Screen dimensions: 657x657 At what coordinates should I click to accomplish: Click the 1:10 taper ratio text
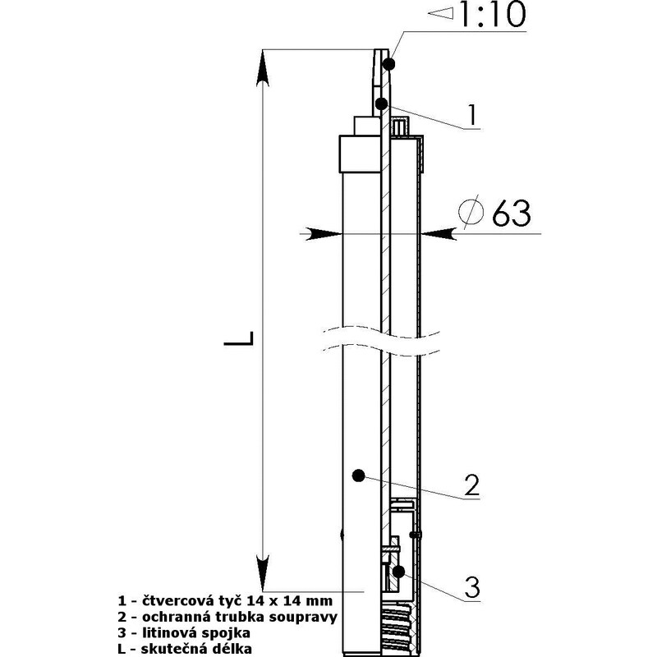[493, 14]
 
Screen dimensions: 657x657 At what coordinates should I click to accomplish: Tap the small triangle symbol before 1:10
[441, 13]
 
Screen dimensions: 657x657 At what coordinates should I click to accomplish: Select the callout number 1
[472, 115]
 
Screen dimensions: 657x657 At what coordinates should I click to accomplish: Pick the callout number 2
[471, 485]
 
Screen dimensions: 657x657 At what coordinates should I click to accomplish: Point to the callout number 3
[472, 587]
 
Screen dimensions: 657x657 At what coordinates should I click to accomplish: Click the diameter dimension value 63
[511, 213]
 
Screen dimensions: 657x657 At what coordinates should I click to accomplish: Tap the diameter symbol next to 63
[471, 212]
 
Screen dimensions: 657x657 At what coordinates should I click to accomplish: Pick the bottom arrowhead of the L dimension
[263, 572]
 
